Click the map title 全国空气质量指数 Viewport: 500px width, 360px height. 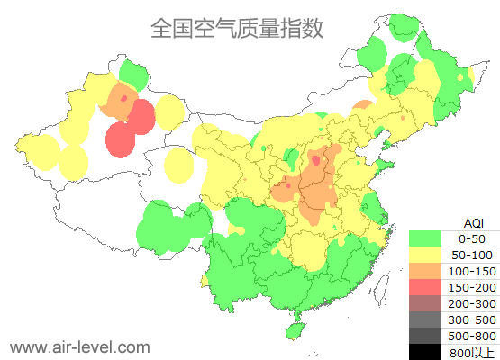236,29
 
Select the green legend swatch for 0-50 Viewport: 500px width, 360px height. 425,238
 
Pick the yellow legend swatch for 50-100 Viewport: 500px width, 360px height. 425,255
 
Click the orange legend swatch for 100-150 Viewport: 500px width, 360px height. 425,271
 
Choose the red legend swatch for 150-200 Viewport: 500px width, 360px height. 425,287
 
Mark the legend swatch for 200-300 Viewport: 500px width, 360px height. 425,303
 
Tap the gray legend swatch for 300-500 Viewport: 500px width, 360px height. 425,319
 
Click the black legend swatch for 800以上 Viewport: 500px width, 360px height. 425,351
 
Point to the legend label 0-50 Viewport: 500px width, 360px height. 471,238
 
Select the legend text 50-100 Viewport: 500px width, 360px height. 471,255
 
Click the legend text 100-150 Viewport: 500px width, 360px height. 471,271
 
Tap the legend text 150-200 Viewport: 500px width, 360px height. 471,287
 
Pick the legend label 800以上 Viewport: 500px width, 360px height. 471,351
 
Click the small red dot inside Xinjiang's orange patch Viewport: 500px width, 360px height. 123,97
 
